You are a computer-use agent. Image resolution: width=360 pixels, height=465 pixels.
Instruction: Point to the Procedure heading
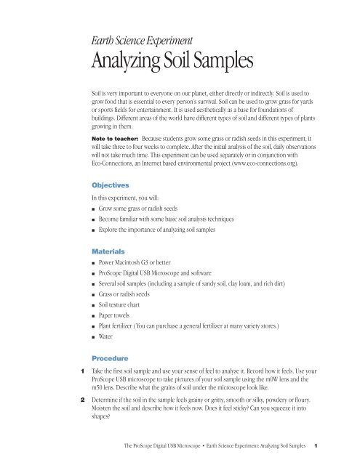(x=111, y=359)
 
